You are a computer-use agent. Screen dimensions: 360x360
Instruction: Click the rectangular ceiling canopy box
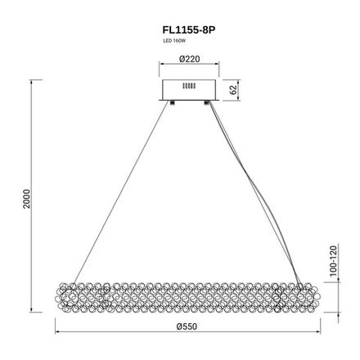189,88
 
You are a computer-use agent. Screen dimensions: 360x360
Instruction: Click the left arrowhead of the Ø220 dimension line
160,66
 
